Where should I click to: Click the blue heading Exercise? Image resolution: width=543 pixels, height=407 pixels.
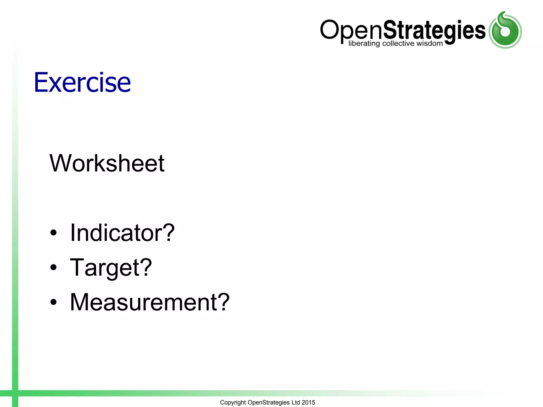point(82,82)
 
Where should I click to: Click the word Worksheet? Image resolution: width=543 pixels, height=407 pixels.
point(107,163)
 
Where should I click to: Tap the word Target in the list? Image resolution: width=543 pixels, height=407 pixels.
point(104,268)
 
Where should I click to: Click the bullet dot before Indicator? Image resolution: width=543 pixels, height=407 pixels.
point(54,233)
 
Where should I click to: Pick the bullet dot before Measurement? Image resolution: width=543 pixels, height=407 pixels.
point(54,302)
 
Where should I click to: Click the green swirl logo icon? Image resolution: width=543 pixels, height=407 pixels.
point(505,30)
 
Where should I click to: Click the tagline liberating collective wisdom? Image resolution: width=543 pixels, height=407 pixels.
point(395,43)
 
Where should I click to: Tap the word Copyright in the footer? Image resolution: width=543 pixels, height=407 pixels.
point(233,402)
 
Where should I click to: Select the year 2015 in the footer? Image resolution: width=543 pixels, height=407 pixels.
point(308,402)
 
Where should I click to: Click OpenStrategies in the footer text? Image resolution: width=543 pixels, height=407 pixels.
point(268,402)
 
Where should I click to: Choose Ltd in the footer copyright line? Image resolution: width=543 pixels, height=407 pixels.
point(296,402)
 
